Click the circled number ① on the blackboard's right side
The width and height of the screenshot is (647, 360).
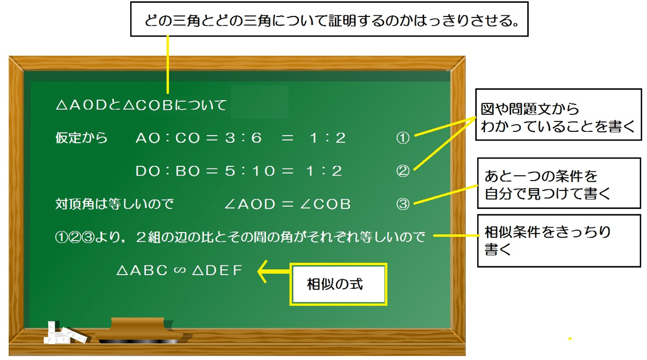(x=403, y=138)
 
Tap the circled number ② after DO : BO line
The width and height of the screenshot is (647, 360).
(x=403, y=171)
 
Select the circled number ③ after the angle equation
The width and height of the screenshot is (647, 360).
(x=403, y=204)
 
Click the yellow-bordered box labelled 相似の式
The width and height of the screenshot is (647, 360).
(x=338, y=284)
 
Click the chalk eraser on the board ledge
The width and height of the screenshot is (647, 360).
(x=140, y=330)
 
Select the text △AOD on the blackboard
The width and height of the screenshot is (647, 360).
(x=82, y=105)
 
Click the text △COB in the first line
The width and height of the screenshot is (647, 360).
(x=148, y=105)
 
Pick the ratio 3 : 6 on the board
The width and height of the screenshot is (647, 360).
(x=243, y=138)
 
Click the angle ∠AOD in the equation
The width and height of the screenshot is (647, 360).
(x=250, y=204)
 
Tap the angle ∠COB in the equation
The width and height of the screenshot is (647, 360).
(x=325, y=204)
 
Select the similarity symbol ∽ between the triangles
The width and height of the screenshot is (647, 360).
(x=180, y=270)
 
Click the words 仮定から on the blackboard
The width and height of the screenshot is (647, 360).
(x=82, y=138)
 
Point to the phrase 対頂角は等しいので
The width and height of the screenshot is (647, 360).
(x=114, y=204)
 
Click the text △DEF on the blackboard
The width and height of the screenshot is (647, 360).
(x=217, y=270)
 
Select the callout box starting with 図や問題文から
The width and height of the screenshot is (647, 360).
(x=559, y=115)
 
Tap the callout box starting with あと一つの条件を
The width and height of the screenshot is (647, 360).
(x=559, y=183)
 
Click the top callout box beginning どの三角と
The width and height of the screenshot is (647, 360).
(x=330, y=19)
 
